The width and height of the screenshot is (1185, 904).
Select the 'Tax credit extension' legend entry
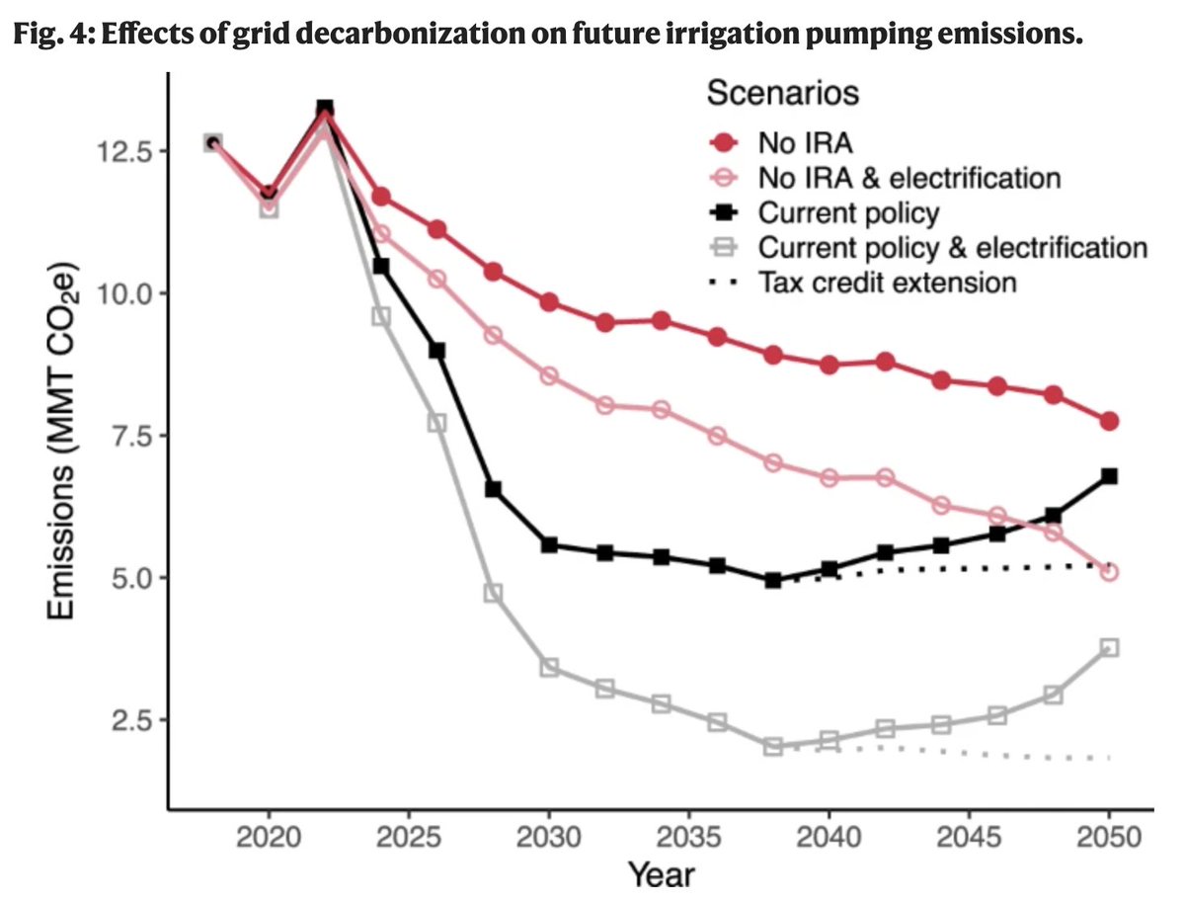(886, 283)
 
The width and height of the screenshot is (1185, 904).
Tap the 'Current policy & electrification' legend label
(952, 247)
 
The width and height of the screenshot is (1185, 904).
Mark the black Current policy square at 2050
(1109, 476)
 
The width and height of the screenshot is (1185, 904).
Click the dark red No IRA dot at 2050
(1109, 421)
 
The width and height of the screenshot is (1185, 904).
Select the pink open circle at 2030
(549, 376)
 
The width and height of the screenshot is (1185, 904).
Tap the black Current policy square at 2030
(549, 544)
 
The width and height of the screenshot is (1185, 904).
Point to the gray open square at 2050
(1109, 647)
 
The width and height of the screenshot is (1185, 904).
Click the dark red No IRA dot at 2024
(381, 198)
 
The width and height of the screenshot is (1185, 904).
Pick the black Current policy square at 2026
(436, 351)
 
